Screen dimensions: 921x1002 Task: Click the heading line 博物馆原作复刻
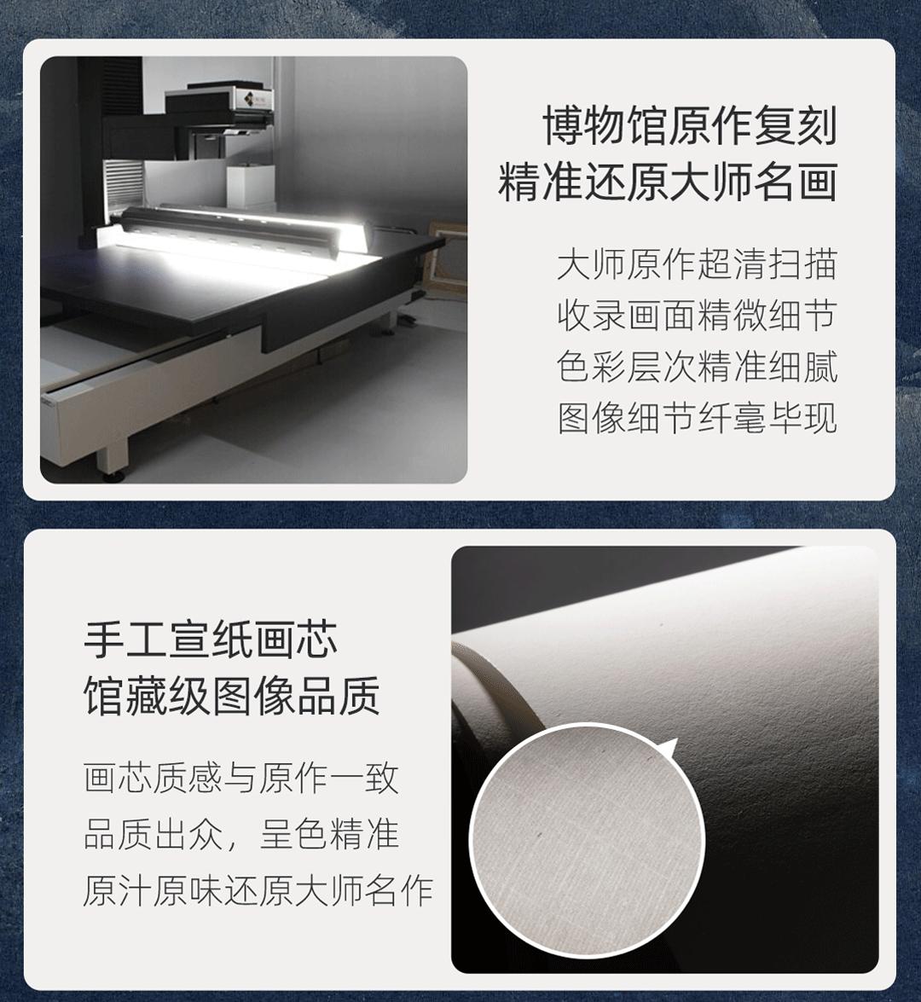(x=690, y=125)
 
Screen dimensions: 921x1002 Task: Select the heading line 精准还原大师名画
(x=668, y=182)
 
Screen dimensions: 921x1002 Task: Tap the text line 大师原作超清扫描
(x=697, y=264)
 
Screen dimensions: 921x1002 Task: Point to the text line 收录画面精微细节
(x=697, y=315)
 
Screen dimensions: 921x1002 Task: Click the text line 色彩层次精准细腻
(x=697, y=366)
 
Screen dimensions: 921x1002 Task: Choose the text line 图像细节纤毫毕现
(x=697, y=418)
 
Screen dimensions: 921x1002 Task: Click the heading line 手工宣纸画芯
(x=211, y=640)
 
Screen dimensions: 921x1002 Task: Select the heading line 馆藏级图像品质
(x=232, y=695)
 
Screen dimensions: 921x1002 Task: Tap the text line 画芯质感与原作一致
(x=241, y=779)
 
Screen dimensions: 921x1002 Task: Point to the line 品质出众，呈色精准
(x=241, y=835)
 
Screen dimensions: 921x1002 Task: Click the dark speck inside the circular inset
(x=541, y=835)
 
